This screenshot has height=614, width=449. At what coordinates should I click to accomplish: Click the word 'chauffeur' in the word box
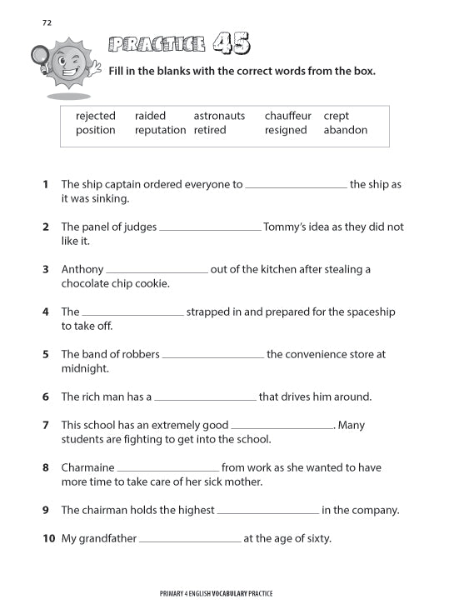(x=288, y=116)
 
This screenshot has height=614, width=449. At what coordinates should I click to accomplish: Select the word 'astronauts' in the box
(x=219, y=116)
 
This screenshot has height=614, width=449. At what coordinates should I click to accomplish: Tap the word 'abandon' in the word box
(x=345, y=130)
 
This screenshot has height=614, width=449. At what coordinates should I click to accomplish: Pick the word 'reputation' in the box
(x=160, y=130)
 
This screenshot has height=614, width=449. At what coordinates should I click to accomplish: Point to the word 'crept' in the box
(x=337, y=116)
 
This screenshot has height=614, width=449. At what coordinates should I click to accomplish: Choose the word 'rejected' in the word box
(x=96, y=116)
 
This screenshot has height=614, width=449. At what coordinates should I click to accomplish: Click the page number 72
(x=47, y=22)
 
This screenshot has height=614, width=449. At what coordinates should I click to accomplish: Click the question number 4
(x=46, y=312)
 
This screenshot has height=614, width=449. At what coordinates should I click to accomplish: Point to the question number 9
(x=46, y=510)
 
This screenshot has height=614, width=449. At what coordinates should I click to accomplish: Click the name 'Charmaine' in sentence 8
(x=87, y=467)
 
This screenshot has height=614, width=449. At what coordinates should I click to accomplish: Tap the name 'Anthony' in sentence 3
(x=82, y=269)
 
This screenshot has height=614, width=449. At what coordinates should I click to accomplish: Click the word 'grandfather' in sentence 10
(x=107, y=538)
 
